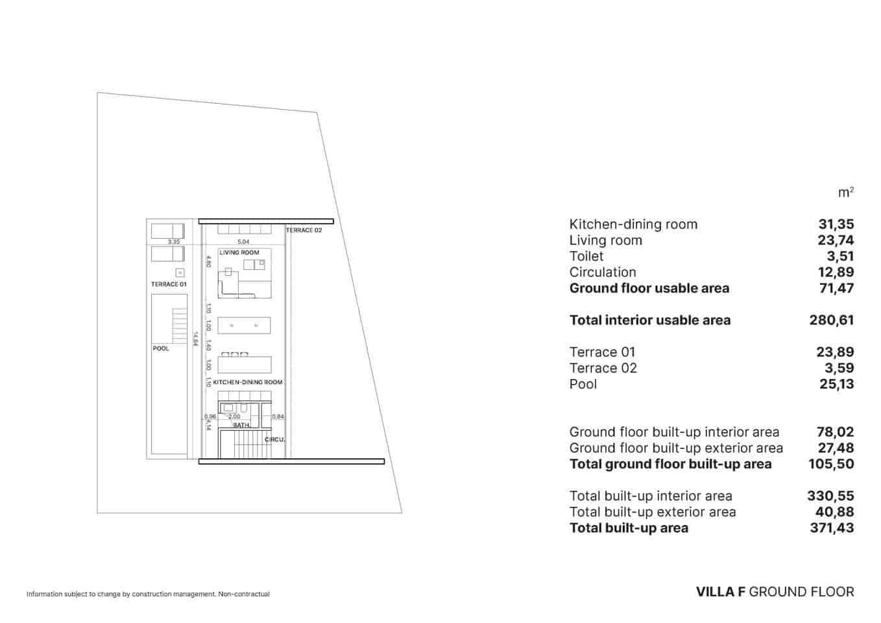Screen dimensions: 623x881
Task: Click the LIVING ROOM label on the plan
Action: tap(239, 252)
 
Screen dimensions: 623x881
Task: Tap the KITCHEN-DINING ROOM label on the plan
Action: tap(248, 382)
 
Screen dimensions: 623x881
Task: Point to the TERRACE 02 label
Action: tap(304, 230)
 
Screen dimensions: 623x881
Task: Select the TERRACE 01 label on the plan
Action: tap(169, 284)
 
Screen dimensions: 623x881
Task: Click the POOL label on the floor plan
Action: tap(161, 348)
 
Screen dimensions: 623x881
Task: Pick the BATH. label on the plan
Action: tap(241, 425)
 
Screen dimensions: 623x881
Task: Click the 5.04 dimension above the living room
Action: tap(243, 241)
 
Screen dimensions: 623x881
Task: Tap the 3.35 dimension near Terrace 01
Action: tap(173, 241)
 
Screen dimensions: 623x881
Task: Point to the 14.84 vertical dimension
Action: tap(195, 339)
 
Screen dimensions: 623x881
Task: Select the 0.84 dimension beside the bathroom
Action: tap(278, 417)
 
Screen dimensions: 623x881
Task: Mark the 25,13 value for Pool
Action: tap(836, 384)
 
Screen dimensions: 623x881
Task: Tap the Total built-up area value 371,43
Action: tap(832, 528)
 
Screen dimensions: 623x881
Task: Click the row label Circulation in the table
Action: tap(603, 273)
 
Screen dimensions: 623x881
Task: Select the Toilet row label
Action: tap(586, 256)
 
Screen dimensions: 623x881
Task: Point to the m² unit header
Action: tap(846, 193)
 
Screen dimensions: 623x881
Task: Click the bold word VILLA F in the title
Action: tap(720, 592)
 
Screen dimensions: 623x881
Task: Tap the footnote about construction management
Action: tap(148, 594)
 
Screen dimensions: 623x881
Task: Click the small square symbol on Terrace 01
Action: tap(180, 273)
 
